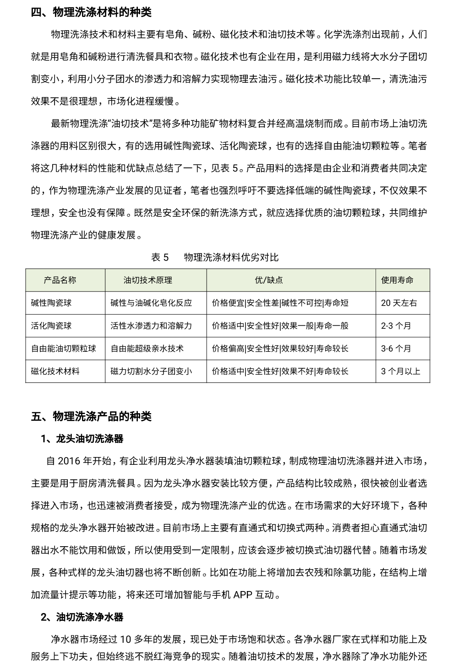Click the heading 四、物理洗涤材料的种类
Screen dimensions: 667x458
(x=91, y=11)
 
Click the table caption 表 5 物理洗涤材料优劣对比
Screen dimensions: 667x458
(x=215, y=257)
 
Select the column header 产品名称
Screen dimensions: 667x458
(x=60, y=280)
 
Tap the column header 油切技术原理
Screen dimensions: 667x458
(x=148, y=280)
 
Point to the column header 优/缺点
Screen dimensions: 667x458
(x=269, y=280)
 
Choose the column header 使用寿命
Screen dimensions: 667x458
(x=397, y=280)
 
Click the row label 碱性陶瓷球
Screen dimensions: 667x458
(x=51, y=303)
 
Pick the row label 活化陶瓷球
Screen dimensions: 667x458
(x=51, y=326)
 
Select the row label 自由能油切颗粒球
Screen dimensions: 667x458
(x=64, y=349)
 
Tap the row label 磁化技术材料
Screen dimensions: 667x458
(x=55, y=371)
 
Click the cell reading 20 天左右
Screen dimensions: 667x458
(x=399, y=303)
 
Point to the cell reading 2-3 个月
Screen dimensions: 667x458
(x=396, y=326)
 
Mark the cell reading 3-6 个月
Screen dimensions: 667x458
(x=396, y=349)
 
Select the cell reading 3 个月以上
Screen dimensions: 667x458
(x=400, y=371)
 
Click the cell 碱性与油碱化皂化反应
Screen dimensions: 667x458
(x=151, y=303)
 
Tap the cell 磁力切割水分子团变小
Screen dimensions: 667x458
(x=151, y=371)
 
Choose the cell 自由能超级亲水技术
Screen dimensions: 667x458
(x=147, y=349)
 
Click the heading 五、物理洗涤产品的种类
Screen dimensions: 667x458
(x=91, y=416)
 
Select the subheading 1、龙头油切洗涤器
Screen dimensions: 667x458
(x=82, y=439)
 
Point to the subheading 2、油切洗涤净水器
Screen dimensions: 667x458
(x=82, y=617)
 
